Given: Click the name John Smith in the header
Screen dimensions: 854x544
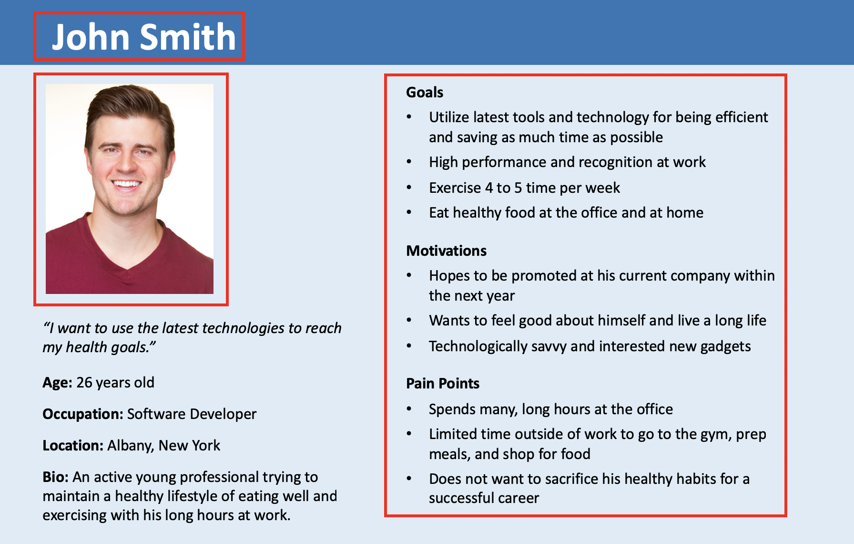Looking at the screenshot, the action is point(143,37).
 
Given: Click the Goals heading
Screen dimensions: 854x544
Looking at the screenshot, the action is point(425,92).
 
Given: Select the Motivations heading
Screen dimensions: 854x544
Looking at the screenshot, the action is point(447,251).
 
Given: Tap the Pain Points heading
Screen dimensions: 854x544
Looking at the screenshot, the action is point(443,383).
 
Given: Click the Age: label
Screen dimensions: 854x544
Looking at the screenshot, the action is point(58,383).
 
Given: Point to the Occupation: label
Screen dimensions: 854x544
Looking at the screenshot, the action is point(83,414).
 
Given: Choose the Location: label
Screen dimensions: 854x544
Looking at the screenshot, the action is point(73,445).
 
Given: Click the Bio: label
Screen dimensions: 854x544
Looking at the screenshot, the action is point(56,477).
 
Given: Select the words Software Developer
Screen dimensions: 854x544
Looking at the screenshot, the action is point(192,414).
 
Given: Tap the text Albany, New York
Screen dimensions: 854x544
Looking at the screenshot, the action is point(163,446).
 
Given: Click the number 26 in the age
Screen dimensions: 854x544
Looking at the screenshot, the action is point(84,383).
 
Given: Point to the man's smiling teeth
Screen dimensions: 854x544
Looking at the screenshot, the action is point(126,184).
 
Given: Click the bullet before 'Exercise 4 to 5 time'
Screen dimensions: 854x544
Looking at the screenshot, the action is point(409,188).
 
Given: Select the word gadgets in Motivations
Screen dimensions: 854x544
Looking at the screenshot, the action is point(724,346).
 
